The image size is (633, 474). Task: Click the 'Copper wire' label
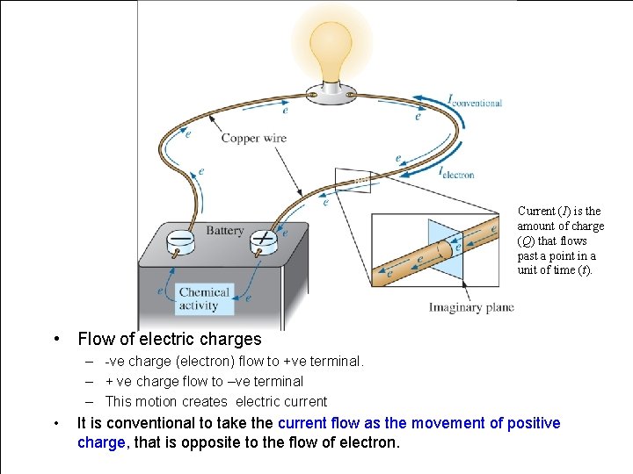pyautogui.click(x=253, y=138)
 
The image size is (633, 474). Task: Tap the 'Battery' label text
pyautogui.click(x=224, y=231)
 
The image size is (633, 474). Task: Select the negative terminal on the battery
pyautogui.click(x=181, y=240)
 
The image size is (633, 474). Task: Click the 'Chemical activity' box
pyautogui.click(x=204, y=298)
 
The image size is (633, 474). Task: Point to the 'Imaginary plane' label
pyautogui.click(x=471, y=307)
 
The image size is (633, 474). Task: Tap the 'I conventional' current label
pyautogui.click(x=475, y=102)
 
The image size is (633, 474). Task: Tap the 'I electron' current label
pyautogui.click(x=456, y=173)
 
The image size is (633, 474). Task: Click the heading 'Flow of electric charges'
pyautogui.click(x=170, y=339)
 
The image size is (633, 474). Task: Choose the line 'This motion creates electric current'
pyautogui.click(x=215, y=401)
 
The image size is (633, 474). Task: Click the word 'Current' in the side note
pyautogui.click(x=536, y=211)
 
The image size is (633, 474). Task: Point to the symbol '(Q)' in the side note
pyautogui.click(x=526, y=241)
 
